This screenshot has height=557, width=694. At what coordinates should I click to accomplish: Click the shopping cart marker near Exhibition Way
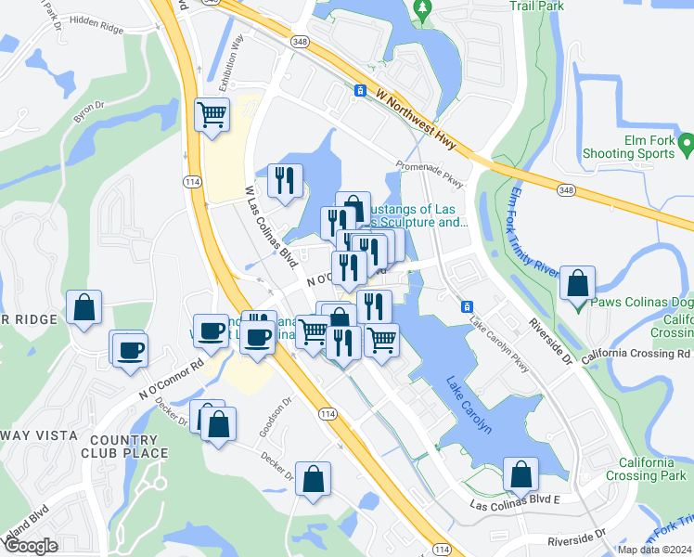coord(212,115)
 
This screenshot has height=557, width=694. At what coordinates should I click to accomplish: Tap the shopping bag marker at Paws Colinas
coord(578,284)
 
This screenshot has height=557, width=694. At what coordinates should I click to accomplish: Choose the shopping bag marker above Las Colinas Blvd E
coord(521,474)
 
